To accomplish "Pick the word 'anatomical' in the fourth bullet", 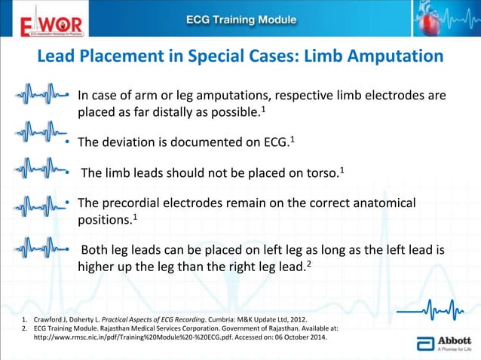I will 381,204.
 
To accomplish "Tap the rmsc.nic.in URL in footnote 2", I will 142,339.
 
